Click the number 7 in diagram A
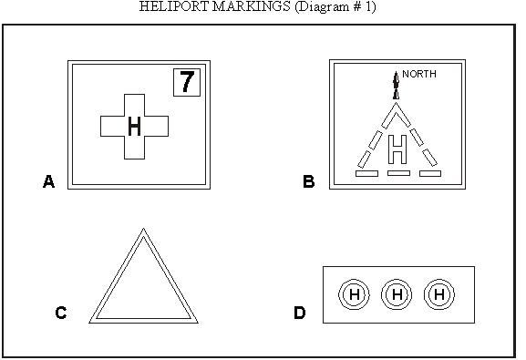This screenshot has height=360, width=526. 186,82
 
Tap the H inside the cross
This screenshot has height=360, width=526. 135,127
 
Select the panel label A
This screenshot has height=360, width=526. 49,182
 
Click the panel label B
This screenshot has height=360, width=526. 309,182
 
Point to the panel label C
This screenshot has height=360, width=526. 61,314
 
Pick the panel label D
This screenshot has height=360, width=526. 300,314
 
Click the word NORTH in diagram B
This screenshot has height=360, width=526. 420,74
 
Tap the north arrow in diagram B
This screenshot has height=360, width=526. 396,85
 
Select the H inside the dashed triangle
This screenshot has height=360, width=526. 397,146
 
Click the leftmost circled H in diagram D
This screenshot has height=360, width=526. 354,294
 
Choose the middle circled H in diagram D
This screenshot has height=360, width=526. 397,294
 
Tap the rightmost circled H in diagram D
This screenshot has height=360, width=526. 439,294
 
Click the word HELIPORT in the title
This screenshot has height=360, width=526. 172,6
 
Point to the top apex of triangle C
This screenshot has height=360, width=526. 143,231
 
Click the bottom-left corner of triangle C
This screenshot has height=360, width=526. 90,322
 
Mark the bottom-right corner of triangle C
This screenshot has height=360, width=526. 197,322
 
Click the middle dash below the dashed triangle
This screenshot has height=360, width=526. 397,172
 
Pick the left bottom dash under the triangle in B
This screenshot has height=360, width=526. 366,172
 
